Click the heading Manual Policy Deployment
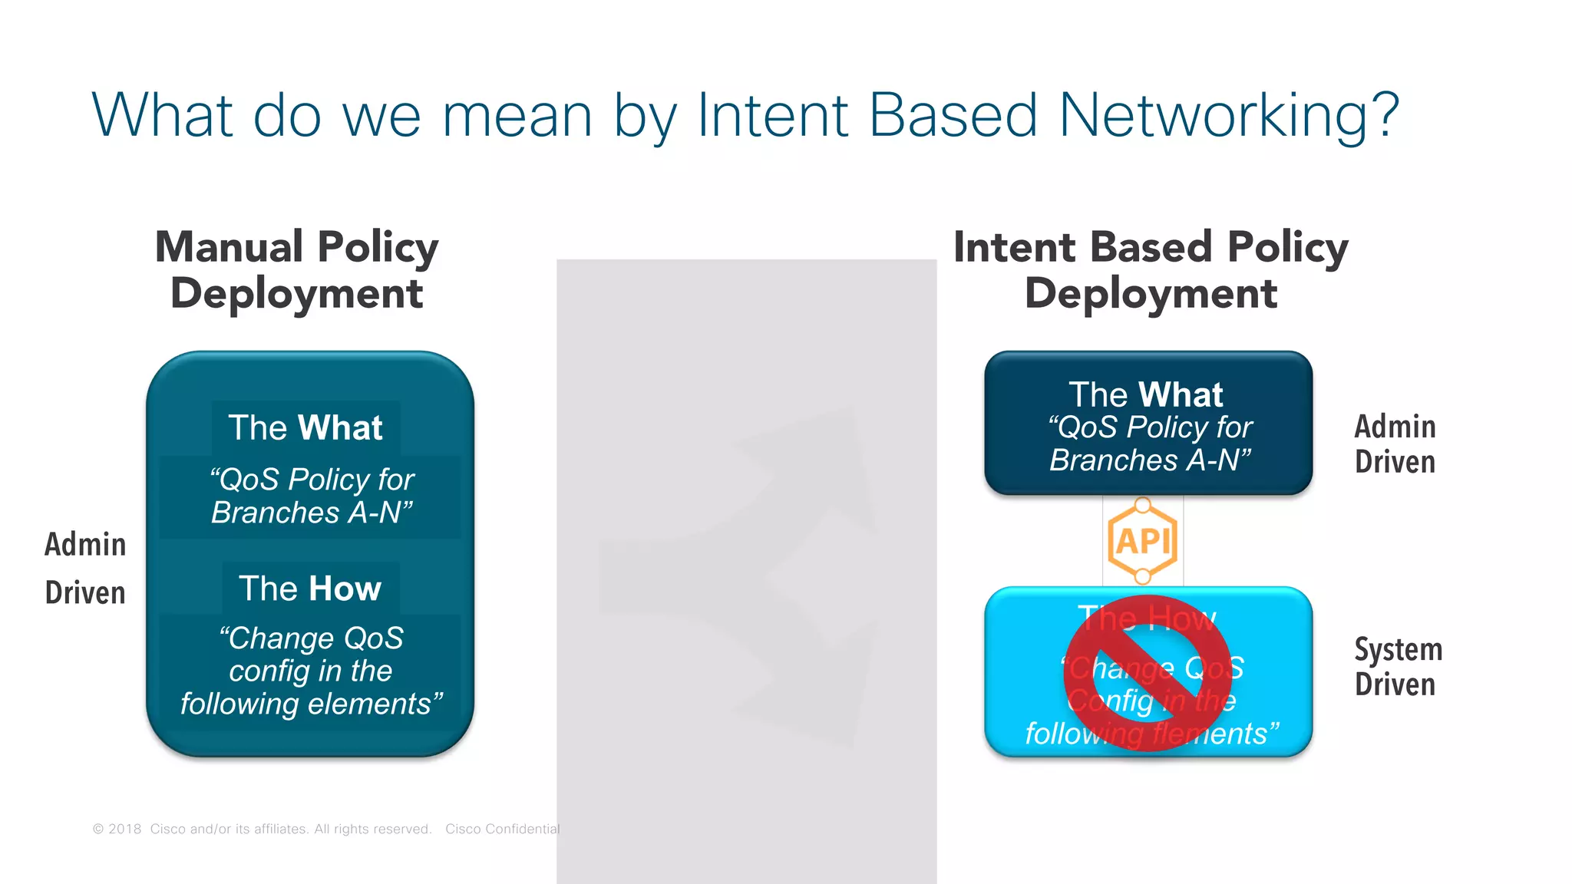point(296,270)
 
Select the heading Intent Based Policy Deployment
point(1150,270)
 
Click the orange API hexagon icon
point(1143,542)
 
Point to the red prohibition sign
point(1148,674)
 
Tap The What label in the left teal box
point(305,427)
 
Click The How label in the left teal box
point(310,589)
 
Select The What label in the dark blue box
point(1146,394)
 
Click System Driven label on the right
point(1398,666)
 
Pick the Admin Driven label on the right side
point(1395,444)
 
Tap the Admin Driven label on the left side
point(85,568)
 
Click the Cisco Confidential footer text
point(502,829)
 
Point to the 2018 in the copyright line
point(124,829)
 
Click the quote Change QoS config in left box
point(310,671)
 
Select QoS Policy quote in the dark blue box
point(1150,444)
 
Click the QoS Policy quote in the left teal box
point(312,496)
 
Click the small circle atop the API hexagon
point(1143,505)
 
